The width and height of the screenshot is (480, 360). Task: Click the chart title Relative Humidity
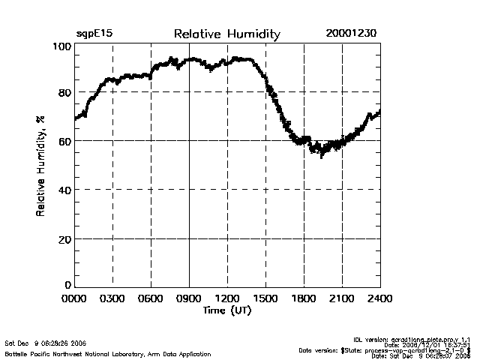point(226,34)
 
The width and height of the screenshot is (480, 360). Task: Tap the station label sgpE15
point(94,34)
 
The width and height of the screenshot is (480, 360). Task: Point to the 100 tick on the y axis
point(62,46)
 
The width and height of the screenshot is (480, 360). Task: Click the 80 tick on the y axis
point(64,92)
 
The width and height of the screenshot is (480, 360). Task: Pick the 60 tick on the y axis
point(64,141)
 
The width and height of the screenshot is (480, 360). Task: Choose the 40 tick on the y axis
point(64,190)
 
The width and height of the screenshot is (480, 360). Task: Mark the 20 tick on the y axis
point(64,238)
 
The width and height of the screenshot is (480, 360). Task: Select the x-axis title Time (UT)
point(227,310)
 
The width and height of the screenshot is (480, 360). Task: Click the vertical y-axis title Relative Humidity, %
point(40,166)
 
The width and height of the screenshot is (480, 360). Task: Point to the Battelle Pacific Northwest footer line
point(108,353)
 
